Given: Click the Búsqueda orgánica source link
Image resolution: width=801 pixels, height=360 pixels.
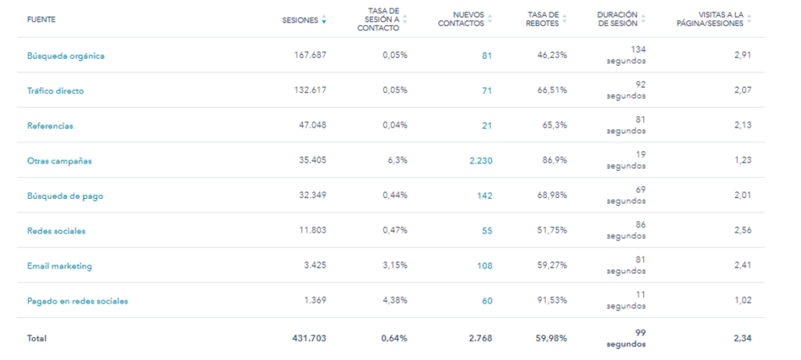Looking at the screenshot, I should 66,56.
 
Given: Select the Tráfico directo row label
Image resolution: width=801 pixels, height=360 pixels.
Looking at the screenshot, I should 56,91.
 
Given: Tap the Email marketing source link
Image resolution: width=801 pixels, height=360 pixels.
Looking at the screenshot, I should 59,266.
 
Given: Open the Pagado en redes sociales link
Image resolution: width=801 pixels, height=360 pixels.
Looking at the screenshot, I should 77,301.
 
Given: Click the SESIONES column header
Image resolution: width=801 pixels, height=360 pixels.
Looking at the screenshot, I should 300,20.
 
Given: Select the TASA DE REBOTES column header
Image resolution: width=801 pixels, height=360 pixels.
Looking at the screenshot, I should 542,19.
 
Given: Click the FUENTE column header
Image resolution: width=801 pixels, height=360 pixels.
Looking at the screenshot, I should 41,20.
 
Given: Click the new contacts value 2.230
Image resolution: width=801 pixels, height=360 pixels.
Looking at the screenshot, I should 480,161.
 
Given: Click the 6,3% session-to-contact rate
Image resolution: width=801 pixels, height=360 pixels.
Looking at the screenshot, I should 396,161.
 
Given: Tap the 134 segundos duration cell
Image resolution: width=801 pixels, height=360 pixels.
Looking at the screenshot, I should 627,55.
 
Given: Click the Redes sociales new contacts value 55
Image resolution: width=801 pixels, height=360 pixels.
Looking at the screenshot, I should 487,231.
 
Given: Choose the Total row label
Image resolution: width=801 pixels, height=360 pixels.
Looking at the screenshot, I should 37,338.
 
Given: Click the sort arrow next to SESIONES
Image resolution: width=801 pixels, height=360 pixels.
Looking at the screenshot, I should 324,20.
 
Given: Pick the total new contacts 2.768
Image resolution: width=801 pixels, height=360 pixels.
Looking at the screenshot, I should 480,338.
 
